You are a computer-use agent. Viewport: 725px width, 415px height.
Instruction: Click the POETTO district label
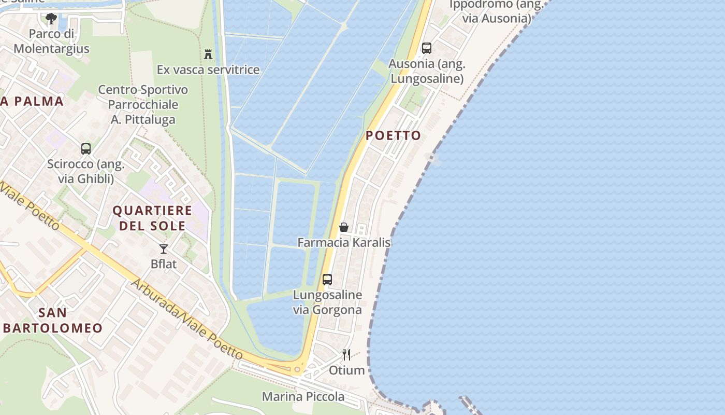point(394,135)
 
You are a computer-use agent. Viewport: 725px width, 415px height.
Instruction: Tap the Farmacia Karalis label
point(343,242)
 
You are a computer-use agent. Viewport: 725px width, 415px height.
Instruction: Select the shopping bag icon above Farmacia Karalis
point(343,227)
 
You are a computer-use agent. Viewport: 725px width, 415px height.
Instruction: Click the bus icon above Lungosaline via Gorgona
point(327,280)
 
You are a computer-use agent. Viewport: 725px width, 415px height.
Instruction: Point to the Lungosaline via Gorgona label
point(327,302)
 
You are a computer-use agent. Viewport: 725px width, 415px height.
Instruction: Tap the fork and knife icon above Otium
point(346,355)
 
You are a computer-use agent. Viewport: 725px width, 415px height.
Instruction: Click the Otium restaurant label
point(346,370)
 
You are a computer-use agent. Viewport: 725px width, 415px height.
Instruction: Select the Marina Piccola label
point(303,397)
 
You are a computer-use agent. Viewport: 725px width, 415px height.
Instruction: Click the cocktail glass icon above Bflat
point(164,248)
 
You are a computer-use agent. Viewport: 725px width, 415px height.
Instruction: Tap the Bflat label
point(164,264)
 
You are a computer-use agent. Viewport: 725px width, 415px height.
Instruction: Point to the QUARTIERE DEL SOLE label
point(152,218)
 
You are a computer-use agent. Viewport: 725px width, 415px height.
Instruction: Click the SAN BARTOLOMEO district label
point(53,320)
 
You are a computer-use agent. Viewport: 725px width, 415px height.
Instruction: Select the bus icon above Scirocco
point(86,149)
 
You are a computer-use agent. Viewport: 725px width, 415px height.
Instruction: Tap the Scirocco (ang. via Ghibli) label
point(86,172)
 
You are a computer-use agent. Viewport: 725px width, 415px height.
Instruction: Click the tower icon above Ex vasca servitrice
point(208,54)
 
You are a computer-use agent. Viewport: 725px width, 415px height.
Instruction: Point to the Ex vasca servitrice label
point(208,70)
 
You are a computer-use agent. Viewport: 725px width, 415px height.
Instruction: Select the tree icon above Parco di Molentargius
point(51,19)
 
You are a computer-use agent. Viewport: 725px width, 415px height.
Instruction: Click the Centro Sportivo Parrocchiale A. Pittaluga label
point(143,105)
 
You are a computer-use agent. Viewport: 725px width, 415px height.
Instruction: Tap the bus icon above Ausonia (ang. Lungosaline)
point(427,48)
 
